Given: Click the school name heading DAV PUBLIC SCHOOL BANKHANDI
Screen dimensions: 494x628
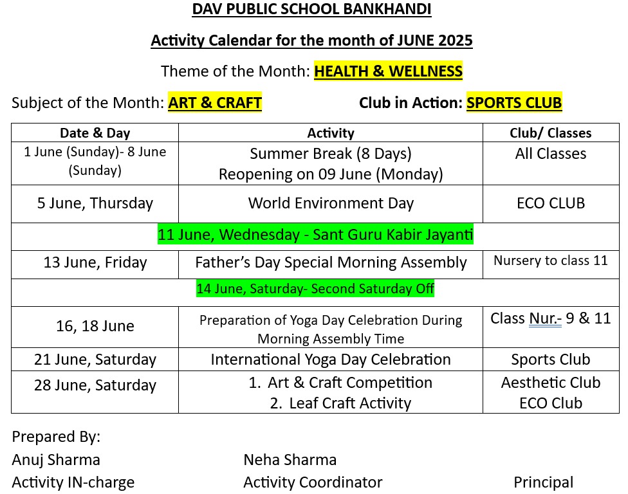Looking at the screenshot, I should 312,10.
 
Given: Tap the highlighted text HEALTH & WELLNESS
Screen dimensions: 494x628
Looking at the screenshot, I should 388,71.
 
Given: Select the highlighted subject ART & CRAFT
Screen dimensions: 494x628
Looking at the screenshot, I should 215,102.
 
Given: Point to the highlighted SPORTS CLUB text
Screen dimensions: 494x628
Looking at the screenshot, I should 514,102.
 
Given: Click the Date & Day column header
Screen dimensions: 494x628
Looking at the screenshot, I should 95,133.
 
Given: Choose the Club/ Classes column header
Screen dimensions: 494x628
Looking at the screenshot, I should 550,133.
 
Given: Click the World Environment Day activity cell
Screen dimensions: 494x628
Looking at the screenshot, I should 331,203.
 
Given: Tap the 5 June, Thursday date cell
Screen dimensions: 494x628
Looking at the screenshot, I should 95,203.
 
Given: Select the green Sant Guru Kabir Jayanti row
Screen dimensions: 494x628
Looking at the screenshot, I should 315,235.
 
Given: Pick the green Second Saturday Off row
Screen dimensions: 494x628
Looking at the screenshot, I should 315,289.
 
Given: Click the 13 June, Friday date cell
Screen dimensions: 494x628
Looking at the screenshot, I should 95,262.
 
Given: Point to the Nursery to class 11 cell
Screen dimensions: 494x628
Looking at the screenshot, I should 550,261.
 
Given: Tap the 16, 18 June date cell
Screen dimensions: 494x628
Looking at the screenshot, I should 95,326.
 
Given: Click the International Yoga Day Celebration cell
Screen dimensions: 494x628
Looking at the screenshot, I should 331,360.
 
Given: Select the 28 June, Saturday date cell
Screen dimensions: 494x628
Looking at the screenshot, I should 95,385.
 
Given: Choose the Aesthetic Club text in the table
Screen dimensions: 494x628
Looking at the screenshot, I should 550,383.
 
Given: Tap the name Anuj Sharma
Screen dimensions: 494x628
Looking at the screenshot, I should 56,460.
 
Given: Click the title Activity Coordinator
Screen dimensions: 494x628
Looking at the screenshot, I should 313,482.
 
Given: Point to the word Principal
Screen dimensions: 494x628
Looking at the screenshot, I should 543,482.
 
